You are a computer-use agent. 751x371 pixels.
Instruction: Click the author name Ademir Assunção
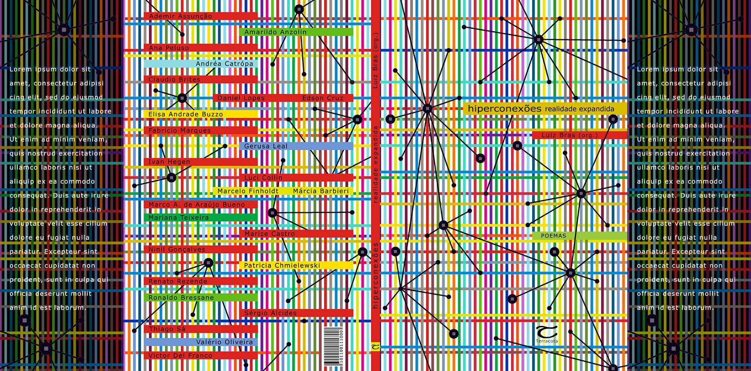coord(181,16)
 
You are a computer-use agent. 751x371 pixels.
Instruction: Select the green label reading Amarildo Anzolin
coord(276,32)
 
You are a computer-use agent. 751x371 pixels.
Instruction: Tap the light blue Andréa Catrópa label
coord(224,64)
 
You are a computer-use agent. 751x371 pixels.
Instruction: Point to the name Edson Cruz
coord(323,98)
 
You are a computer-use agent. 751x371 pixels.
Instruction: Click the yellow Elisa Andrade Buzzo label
coord(186,114)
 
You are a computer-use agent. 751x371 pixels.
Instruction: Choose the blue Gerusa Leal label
coord(266,146)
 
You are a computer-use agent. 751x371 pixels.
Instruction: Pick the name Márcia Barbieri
coord(321,191)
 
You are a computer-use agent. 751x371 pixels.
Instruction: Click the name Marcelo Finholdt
coord(248,191)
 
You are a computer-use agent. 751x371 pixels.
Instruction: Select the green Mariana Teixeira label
coord(178,218)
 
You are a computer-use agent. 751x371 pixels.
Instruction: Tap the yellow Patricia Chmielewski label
coord(282,266)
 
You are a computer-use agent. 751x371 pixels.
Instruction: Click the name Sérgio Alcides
coord(270,313)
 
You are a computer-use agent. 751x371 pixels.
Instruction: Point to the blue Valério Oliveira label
coord(224,342)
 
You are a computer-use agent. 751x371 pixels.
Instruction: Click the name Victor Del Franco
coord(180,356)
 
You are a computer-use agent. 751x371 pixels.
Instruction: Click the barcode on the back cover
coord(333,347)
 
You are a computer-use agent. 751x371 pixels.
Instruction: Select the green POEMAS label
coord(554,236)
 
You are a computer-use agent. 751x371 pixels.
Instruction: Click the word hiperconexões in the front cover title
coord(505,108)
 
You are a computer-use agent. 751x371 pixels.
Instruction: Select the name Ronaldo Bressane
coord(181,298)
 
